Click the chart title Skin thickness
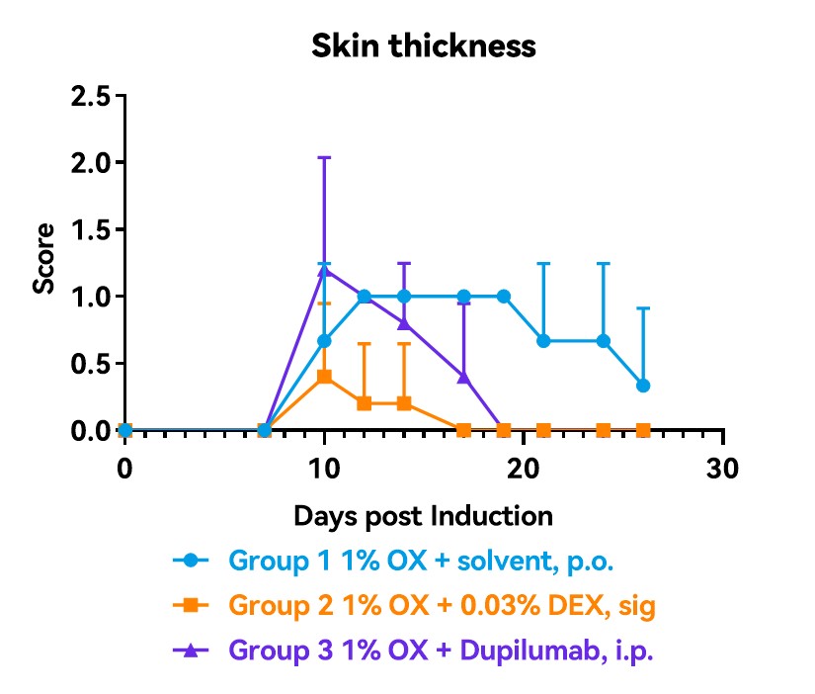(424, 45)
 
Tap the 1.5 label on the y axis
(94, 229)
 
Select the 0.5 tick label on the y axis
(94, 364)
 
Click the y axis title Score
(44, 263)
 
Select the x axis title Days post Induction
(423, 515)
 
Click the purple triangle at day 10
(324, 270)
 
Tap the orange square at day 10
(324, 377)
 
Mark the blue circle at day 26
(643, 385)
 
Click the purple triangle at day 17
(463, 377)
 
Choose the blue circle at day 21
(543, 341)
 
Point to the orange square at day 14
(404, 403)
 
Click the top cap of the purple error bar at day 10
(324, 157)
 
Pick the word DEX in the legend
(529, 605)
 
